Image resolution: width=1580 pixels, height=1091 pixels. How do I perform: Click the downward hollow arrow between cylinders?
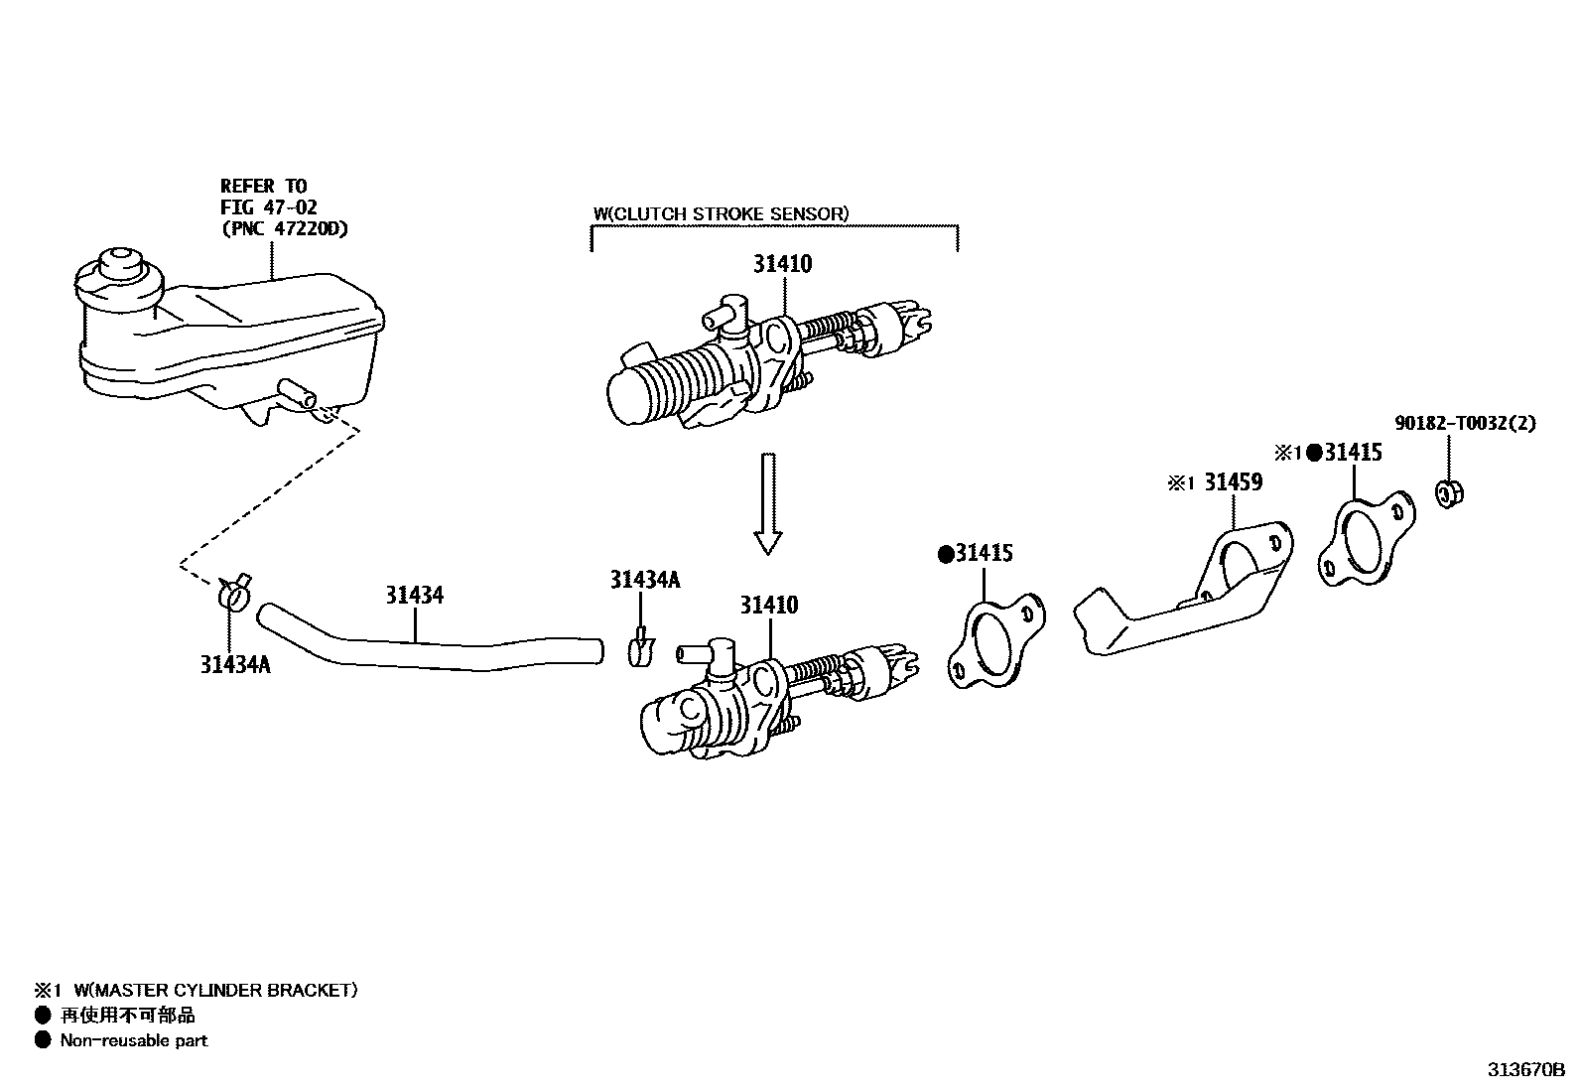(767, 502)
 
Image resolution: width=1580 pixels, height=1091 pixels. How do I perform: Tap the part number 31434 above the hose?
(415, 596)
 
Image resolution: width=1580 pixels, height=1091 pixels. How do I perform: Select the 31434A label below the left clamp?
(235, 664)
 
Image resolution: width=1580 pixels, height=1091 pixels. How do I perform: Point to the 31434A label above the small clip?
(645, 580)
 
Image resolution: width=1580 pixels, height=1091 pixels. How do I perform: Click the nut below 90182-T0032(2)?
(1450, 492)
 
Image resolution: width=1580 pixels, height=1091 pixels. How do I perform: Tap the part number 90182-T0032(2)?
(1465, 423)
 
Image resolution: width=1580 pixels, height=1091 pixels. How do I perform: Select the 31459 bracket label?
(1233, 482)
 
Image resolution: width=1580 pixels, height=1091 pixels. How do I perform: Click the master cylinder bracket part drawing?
(1181, 596)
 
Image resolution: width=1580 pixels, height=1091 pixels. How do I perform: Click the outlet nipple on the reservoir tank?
(298, 393)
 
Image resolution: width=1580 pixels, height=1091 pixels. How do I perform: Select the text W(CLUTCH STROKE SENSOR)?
(721, 213)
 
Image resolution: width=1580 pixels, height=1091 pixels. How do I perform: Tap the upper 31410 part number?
(782, 264)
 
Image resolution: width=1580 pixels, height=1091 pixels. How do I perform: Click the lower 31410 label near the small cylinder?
(768, 606)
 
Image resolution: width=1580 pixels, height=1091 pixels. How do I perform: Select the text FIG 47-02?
(268, 207)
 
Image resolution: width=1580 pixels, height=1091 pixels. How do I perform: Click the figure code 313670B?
(1524, 1070)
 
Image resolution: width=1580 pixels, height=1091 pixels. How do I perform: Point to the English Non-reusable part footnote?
(134, 1040)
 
